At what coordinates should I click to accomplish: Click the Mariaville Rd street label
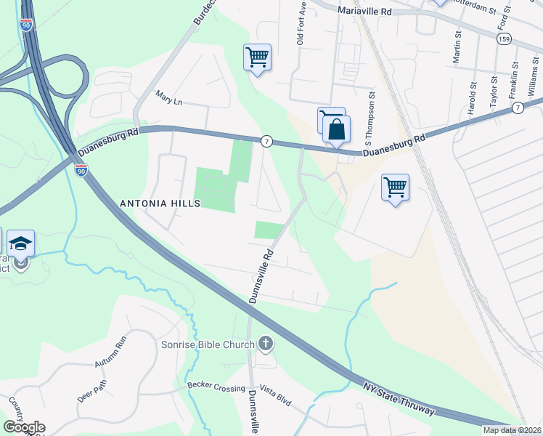(x=365, y=12)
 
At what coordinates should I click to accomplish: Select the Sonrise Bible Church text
(x=213, y=344)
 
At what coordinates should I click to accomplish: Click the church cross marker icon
(x=266, y=343)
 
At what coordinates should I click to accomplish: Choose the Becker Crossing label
(x=216, y=387)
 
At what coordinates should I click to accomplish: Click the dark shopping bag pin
(x=337, y=130)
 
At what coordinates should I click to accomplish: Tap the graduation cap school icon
(x=21, y=243)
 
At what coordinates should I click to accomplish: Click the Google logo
(x=24, y=427)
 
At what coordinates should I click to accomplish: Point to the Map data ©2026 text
(x=512, y=430)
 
